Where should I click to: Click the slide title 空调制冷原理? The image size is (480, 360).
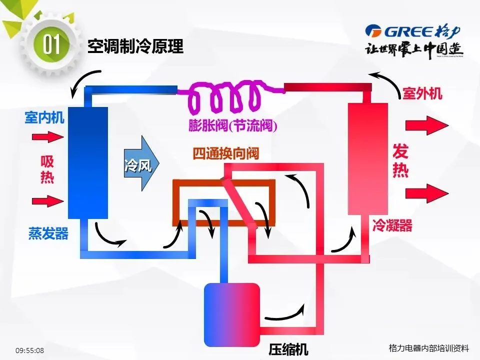(x=135, y=46)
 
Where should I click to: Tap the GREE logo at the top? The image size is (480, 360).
(x=412, y=31)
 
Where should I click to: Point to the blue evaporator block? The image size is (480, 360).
(x=88, y=162)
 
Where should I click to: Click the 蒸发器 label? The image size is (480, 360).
(x=48, y=233)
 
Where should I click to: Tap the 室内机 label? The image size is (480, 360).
(x=44, y=118)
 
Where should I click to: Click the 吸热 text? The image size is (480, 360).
(x=47, y=169)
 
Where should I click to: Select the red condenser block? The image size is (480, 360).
(x=368, y=158)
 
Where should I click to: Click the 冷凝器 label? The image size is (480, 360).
(x=392, y=225)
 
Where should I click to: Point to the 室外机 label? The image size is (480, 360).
(x=422, y=93)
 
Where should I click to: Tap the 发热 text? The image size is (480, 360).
(x=400, y=160)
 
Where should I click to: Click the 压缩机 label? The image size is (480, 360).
(x=288, y=349)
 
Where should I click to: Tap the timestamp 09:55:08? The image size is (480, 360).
(x=29, y=350)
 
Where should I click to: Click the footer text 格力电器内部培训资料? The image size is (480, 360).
(x=429, y=348)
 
